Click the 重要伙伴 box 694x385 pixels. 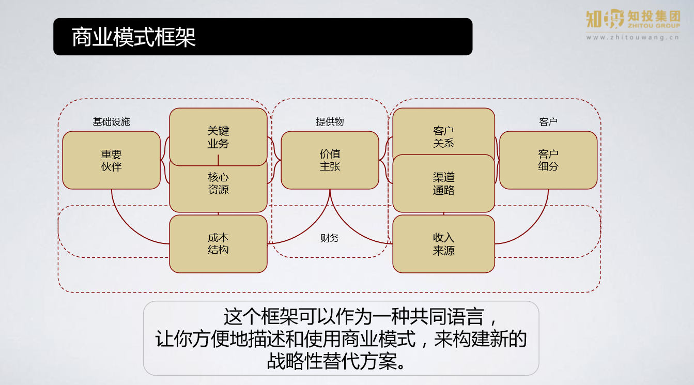pos(111,160)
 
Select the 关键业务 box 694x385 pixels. pos(218,136)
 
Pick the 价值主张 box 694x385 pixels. pos(330,160)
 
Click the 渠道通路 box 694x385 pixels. pos(443,183)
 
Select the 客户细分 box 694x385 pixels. pos(548,160)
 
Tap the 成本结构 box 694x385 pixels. pos(218,244)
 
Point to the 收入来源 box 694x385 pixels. pos(443,244)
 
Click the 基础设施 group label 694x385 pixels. pos(111,122)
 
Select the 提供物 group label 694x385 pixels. pos(330,122)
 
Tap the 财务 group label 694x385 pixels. pos(330,238)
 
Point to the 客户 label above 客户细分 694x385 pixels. pos(548,122)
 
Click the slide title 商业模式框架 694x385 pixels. pos(133,37)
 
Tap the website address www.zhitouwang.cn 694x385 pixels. pos(633,37)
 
